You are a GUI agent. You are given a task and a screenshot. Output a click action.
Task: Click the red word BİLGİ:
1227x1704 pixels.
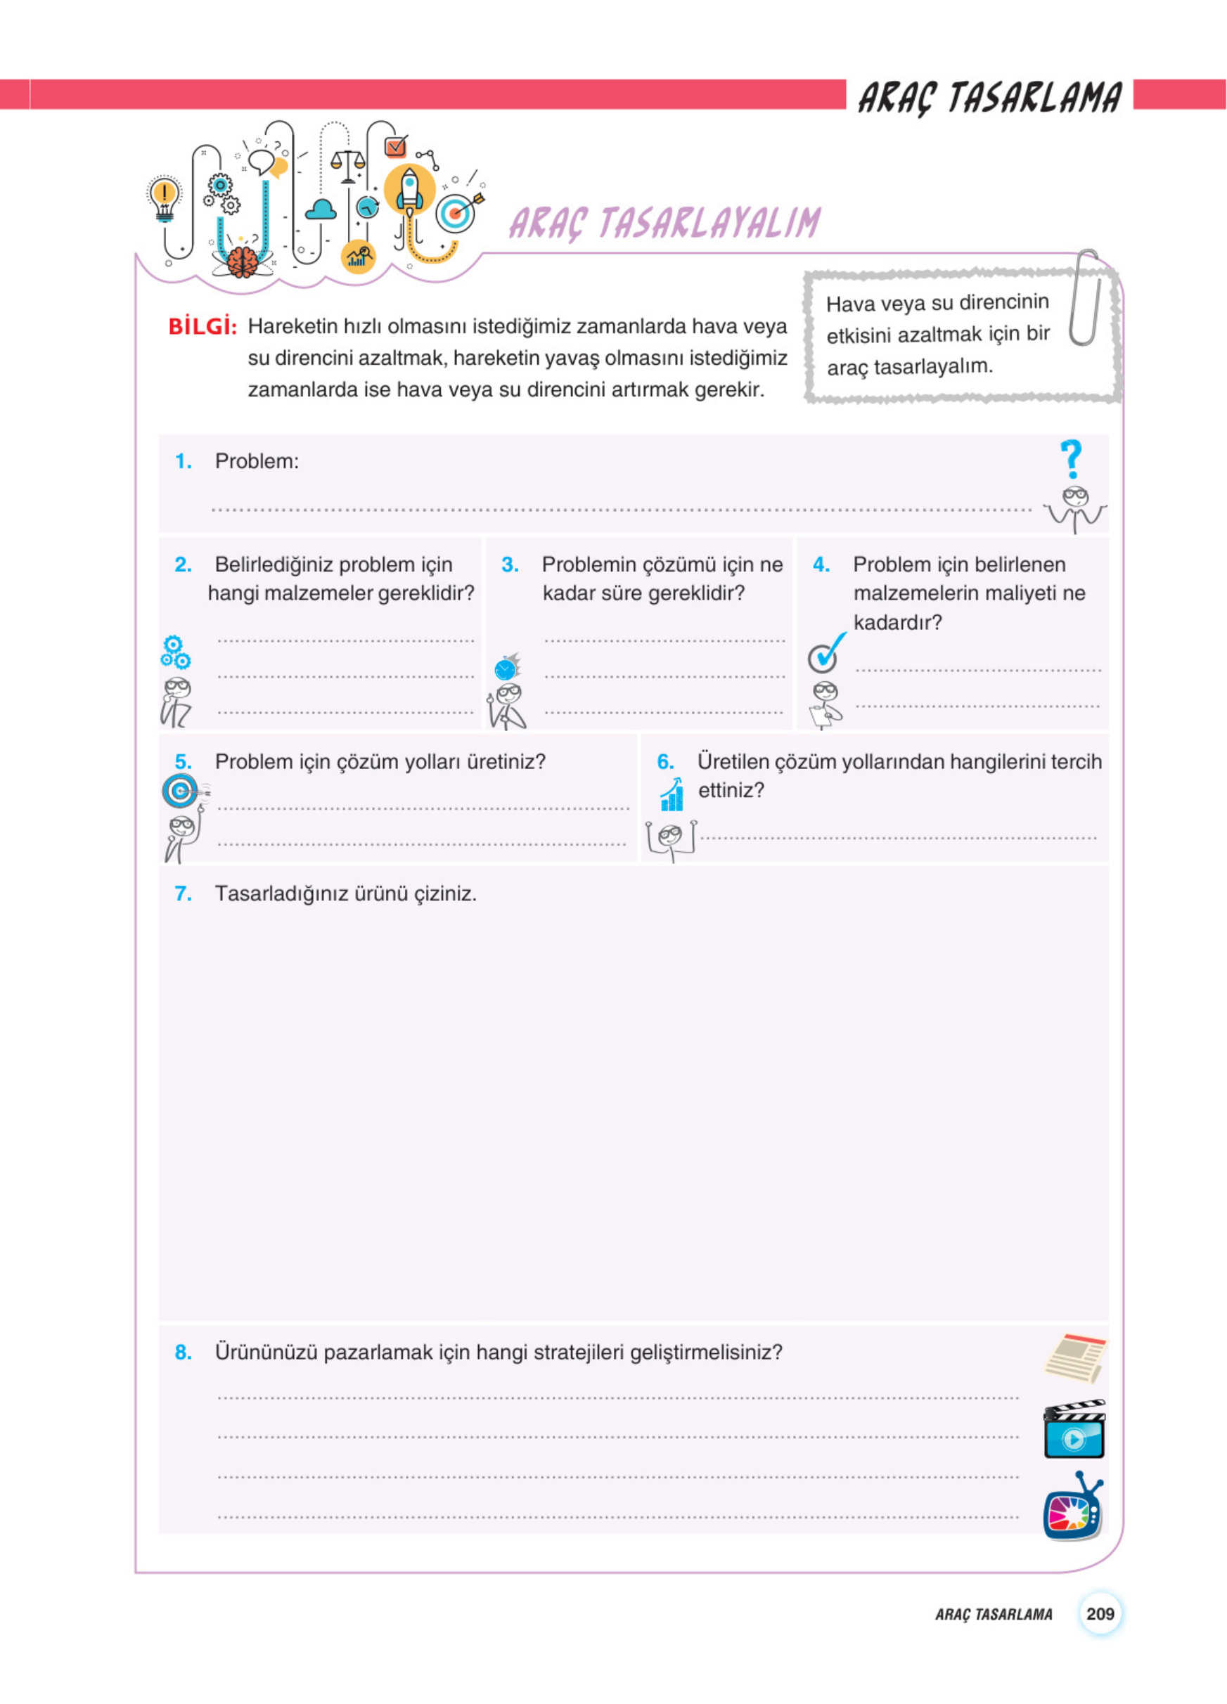click(202, 327)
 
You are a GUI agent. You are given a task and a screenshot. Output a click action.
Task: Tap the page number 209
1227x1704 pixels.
click(1099, 1613)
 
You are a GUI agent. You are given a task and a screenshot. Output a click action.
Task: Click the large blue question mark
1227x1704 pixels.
click(1072, 458)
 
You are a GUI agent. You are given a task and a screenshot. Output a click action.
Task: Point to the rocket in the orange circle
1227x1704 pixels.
click(409, 189)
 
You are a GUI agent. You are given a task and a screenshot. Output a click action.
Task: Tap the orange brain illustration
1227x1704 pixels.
click(241, 262)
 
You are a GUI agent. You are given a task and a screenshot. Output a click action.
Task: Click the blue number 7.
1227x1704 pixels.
click(183, 893)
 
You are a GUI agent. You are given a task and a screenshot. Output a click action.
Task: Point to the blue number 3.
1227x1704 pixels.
click(510, 564)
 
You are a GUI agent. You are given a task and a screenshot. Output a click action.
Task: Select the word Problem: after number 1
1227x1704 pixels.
click(256, 461)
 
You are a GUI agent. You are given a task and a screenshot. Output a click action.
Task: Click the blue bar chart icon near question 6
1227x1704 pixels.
click(672, 794)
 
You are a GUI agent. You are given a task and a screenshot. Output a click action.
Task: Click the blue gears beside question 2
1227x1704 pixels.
click(174, 652)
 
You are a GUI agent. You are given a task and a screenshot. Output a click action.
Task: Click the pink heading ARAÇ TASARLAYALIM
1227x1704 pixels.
click(664, 223)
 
